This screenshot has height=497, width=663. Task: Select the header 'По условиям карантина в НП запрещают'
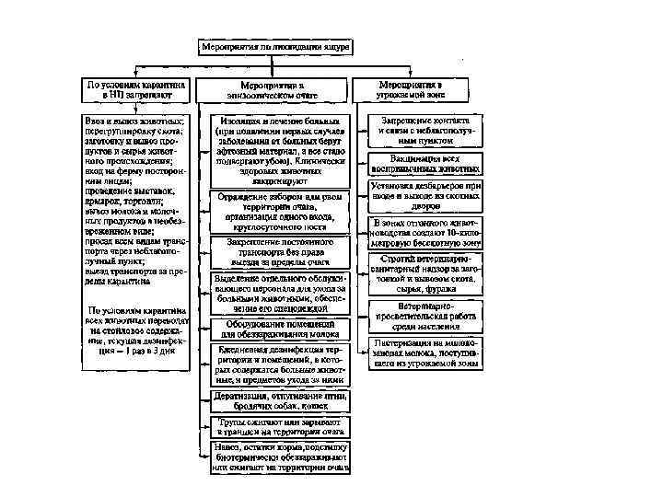tap(136, 89)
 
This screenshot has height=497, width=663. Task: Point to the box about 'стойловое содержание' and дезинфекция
tap(136, 330)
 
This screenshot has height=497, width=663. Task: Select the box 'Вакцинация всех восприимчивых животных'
tap(425, 164)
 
